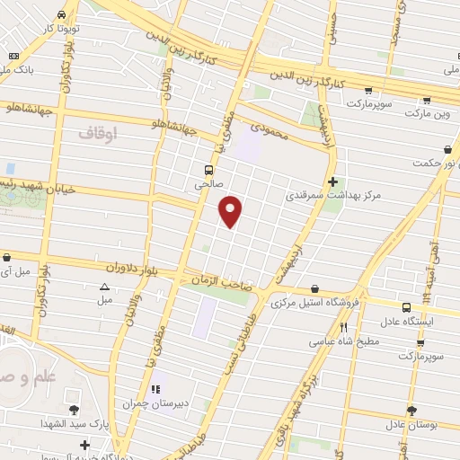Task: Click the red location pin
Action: [232, 211]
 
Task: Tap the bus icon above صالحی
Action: [208, 169]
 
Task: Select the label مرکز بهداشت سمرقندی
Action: [328, 194]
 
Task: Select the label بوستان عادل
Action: [411, 423]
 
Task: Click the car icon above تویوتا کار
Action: [60, 15]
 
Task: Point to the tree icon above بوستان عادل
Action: [411, 410]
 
